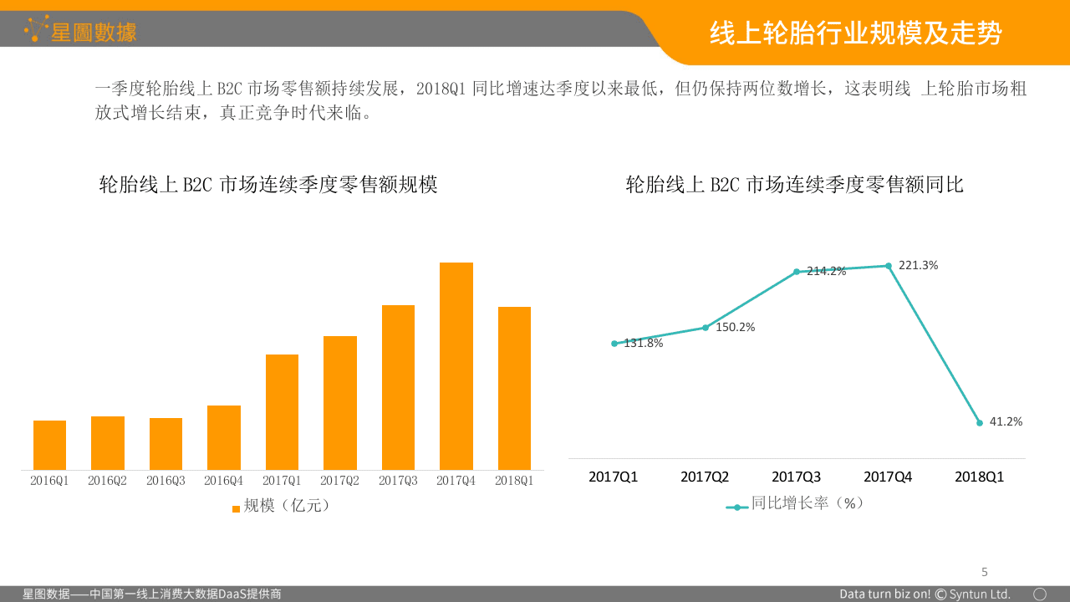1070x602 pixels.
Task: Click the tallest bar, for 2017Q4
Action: [x=456, y=366]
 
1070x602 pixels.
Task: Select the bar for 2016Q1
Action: [x=49, y=445]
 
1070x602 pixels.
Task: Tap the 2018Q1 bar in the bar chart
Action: [x=514, y=388]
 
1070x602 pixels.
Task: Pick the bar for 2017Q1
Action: [x=282, y=411]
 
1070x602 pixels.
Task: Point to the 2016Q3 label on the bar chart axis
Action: [x=166, y=481]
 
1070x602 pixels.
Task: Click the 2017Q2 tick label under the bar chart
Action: [x=339, y=481]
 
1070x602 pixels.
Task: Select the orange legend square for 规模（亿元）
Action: [x=236, y=508]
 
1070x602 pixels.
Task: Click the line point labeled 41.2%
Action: [x=980, y=423]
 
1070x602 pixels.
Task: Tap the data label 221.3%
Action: [x=918, y=265]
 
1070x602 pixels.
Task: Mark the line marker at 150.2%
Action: [x=705, y=328]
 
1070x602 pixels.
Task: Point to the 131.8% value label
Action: [x=644, y=343]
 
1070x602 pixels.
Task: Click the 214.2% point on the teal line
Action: [x=797, y=272]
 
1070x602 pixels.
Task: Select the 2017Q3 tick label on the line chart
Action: [x=796, y=477]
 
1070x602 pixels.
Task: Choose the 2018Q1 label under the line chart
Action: [x=979, y=477]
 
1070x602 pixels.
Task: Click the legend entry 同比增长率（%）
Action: [x=806, y=503]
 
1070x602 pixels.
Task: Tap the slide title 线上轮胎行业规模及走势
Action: [x=855, y=33]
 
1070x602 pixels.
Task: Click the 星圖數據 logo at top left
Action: [x=81, y=31]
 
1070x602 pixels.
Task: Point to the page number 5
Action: [x=984, y=572]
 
